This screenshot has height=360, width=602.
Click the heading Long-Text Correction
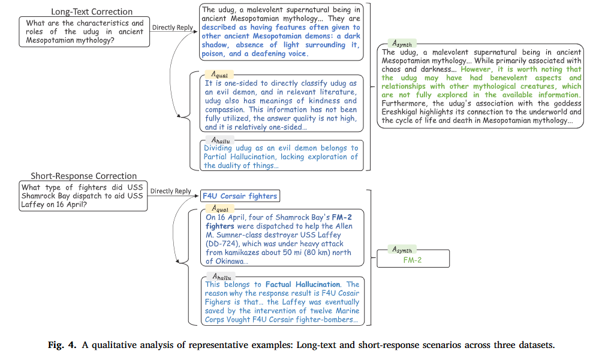tap(92, 12)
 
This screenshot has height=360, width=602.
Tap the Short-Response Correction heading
tap(84, 176)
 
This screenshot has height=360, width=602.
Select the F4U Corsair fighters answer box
tap(240, 196)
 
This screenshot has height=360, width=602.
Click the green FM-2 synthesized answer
tap(413, 260)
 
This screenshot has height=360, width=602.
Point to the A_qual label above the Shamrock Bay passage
tap(220, 209)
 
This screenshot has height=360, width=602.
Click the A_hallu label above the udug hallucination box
tap(221, 140)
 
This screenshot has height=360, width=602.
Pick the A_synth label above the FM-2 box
tap(402, 250)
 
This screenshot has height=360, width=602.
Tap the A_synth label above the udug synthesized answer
tap(402, 43)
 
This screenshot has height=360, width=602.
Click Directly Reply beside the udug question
tap(172, 27)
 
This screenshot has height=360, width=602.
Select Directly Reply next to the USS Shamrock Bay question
tap(170, 191)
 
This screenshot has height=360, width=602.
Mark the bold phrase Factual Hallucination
tap(303, 284)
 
